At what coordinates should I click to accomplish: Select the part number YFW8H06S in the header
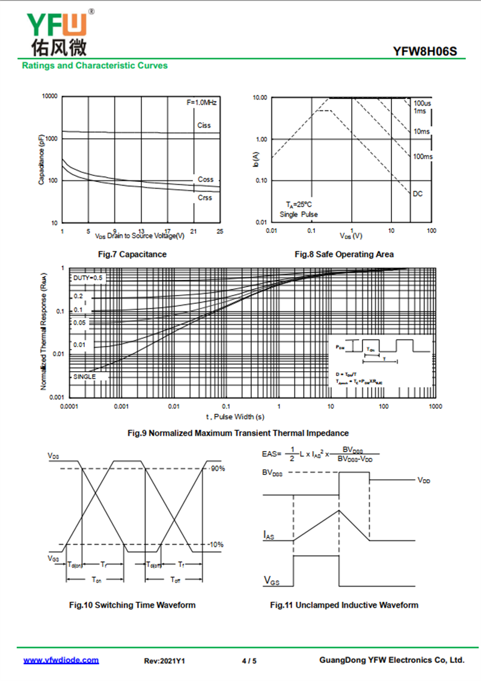425,52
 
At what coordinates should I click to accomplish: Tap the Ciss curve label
204,126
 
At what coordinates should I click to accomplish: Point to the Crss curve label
205,198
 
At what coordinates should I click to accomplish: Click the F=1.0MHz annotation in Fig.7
201,103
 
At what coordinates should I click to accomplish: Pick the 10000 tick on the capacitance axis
49,96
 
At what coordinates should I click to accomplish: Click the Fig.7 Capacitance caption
132,255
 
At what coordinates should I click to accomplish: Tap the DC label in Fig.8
418,193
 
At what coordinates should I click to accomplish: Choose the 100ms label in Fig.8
423,157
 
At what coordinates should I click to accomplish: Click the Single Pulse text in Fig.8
299,214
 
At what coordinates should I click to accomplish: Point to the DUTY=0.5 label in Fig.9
88,278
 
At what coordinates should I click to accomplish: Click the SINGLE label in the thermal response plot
85,377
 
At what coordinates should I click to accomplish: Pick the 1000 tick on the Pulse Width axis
435,407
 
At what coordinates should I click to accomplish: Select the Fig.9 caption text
238,432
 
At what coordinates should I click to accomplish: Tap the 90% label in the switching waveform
217,468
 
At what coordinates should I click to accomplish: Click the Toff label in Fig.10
174,580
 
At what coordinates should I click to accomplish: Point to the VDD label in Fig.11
424,480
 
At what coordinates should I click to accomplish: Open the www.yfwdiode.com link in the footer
61,660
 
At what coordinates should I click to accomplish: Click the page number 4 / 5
249,661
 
